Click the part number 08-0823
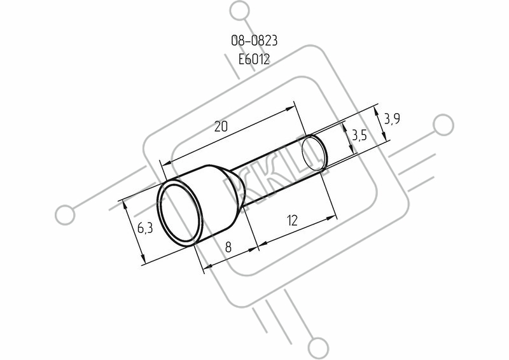click(254, 41)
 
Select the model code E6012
click(254, 59)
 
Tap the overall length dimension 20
click(221, 127)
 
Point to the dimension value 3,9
click(392, 119)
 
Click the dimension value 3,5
click(359, 135)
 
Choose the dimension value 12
click(293, 221)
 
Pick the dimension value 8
click(228, 247)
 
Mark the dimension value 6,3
click(145, 228)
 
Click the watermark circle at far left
click(65, 215)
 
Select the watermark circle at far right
click(443, 125)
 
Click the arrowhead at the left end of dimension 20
click(165, 163)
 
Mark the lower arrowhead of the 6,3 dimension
click(142, 259)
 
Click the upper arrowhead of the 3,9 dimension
click(376, 112)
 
